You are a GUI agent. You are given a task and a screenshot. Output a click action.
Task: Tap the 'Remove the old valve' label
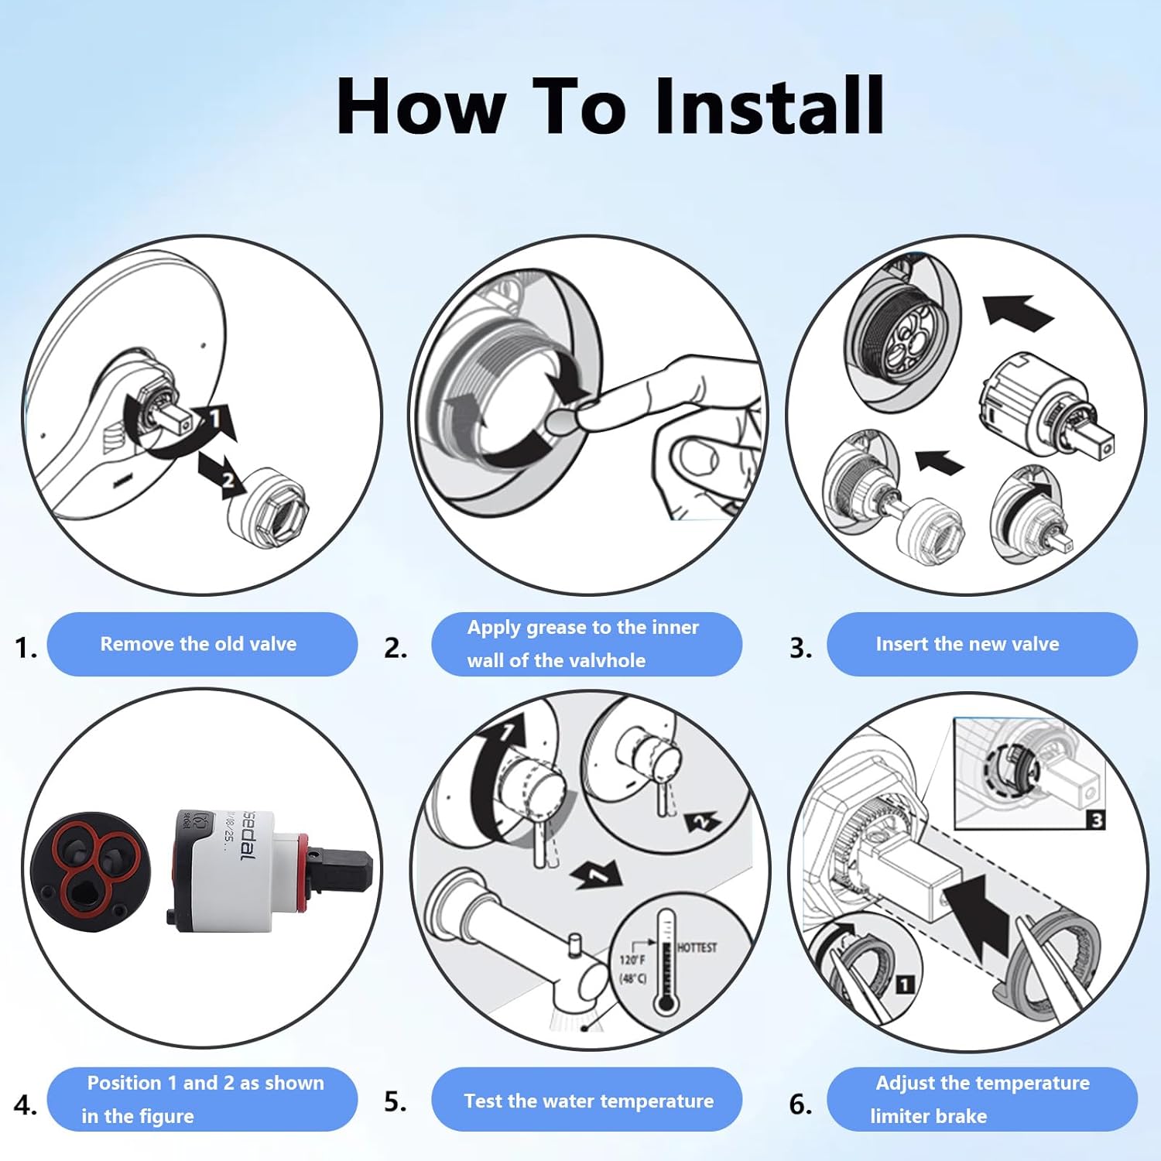coord(199,644)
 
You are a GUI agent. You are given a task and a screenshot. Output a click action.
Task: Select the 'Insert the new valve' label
coord(967,644)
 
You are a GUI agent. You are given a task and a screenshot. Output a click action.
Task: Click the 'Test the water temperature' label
coord(588,1101)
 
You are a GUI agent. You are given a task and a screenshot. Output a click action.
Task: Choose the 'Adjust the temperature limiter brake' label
coord(981,1099)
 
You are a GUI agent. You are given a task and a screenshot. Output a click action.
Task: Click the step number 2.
coord(395,647)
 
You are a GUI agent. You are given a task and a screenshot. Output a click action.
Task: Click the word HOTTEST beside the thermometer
coord(697,947)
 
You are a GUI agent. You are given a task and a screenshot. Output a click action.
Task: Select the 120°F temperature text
coord(632,960)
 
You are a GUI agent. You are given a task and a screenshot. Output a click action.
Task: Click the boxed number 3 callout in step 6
coord(1096,820)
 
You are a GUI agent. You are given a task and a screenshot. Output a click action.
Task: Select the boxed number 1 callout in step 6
coord(904,985)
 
